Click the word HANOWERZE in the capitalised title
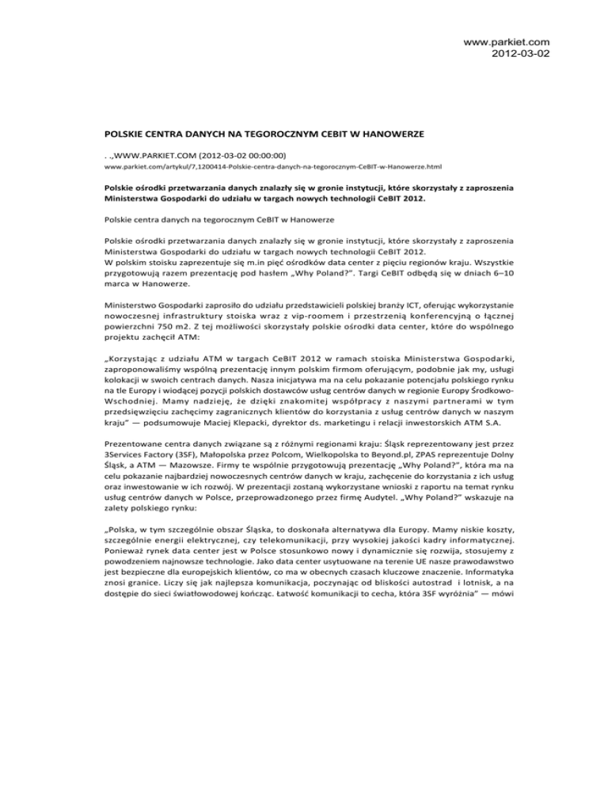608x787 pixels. pyautogui.click(x=328, y=135)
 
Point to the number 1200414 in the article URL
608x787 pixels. pyautogui.click(x=201, y=169)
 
